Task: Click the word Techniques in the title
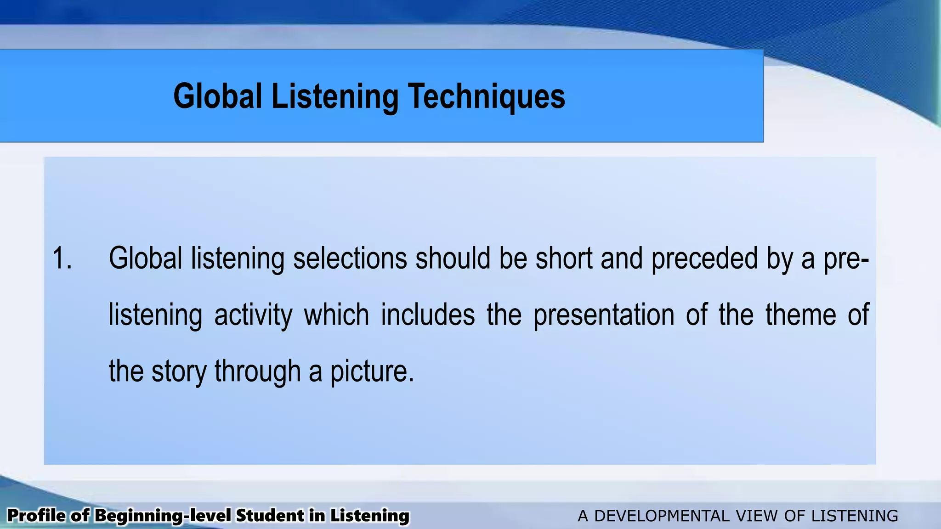[487, 96]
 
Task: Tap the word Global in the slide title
[218, 96]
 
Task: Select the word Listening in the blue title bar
[335, 96]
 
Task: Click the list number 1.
[62, 258]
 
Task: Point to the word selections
[350, 258]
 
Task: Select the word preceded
[704, 258]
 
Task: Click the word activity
[253, 315]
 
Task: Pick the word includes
[428, 315]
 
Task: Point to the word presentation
[604, 315]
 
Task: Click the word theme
[800, 315]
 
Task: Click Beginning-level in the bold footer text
[163, 516]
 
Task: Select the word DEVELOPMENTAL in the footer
[662, 516]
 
